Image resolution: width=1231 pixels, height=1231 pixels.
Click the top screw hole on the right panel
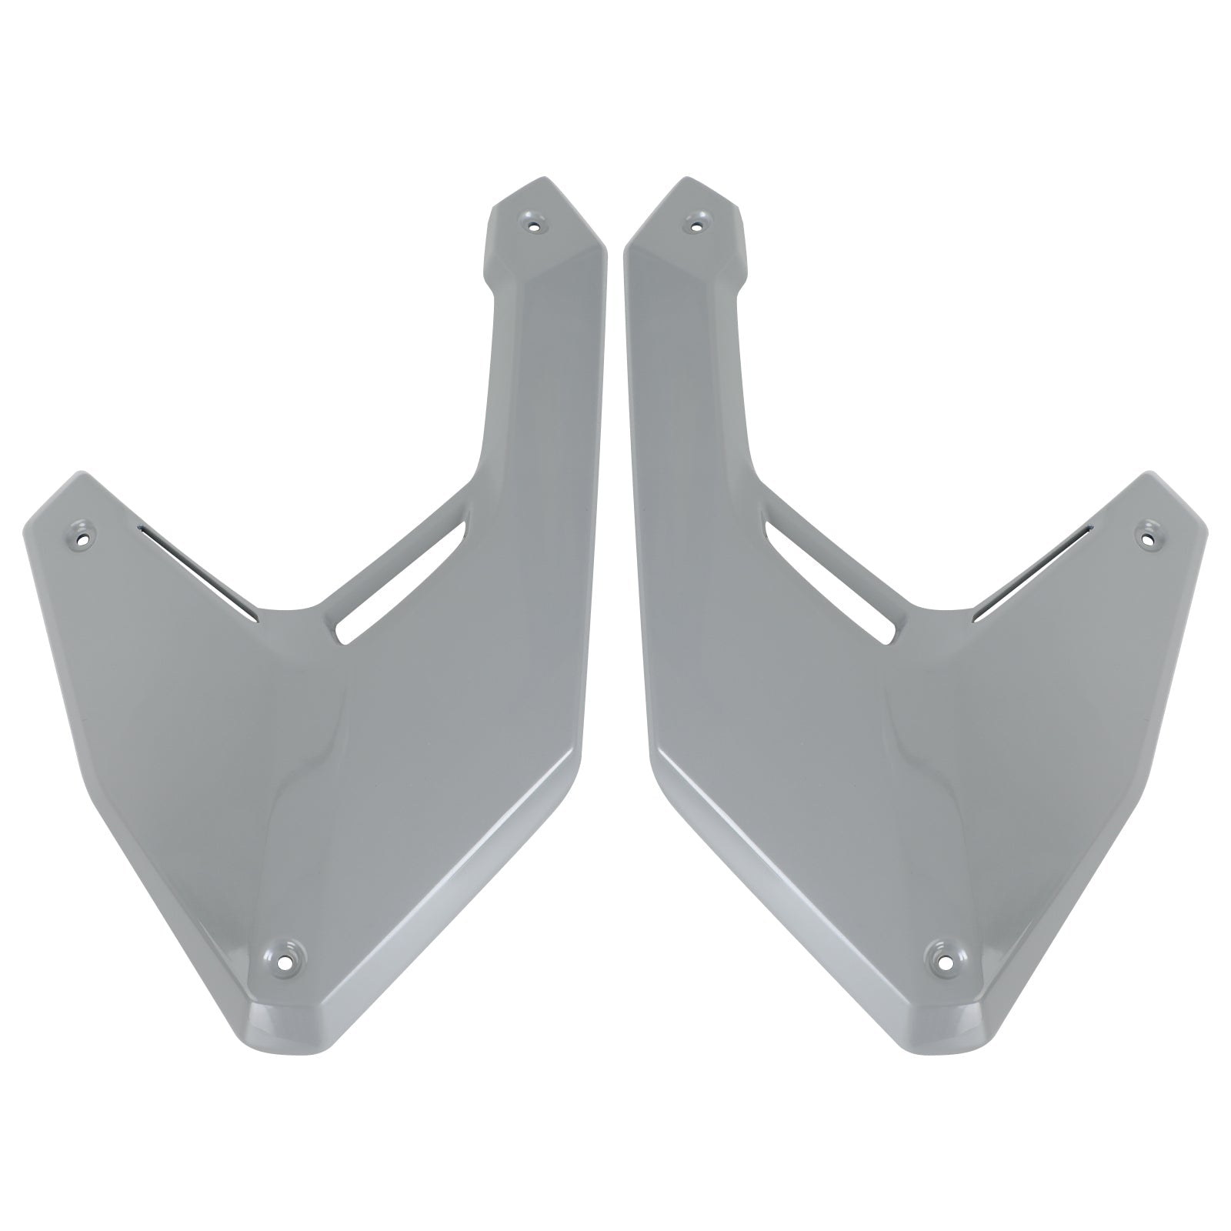click(x=696, y=225)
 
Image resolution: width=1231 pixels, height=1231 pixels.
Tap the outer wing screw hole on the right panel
click(x=1149, y=532)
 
